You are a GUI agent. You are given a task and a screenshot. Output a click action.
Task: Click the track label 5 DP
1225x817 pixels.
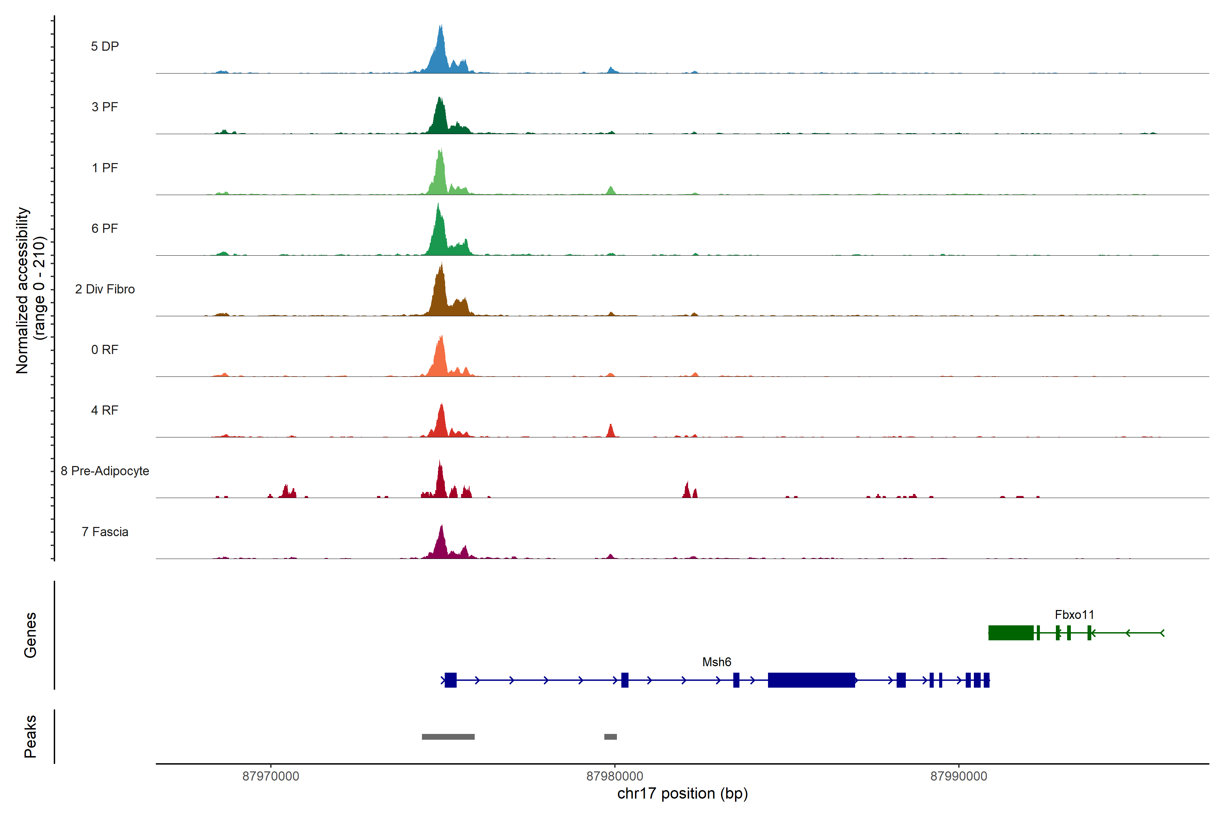[x=105, y=46]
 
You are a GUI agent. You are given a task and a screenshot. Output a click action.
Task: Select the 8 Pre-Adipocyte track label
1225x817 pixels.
[x=105, y=471]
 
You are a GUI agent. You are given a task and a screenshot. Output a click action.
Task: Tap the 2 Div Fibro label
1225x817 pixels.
[x=105, y=289]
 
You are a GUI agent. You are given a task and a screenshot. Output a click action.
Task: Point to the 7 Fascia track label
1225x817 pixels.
[x=105, y=532]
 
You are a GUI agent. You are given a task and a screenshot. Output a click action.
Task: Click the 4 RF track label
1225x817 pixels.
[x=105, y=411]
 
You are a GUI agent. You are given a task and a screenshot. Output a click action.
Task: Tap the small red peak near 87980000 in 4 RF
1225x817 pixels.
[x=611, y=431]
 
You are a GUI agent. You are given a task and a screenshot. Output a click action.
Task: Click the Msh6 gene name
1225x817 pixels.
[x=717, y=662]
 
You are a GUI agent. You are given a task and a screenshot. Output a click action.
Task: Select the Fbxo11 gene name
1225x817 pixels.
[x=1075, y=615]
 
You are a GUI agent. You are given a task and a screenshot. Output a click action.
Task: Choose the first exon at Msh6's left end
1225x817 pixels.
[x=451, y=680]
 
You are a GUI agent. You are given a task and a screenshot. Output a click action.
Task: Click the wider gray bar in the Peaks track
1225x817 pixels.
[x=448, y=737]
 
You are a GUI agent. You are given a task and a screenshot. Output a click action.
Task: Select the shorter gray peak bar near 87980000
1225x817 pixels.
[x=610, y=737]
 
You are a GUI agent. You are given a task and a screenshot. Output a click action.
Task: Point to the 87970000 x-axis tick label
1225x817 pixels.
[x=271, y=776]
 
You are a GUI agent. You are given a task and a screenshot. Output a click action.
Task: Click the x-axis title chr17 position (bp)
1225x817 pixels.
[x=682, y=794]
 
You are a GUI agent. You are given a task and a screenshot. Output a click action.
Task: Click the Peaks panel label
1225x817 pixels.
[x=30, y=736]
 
